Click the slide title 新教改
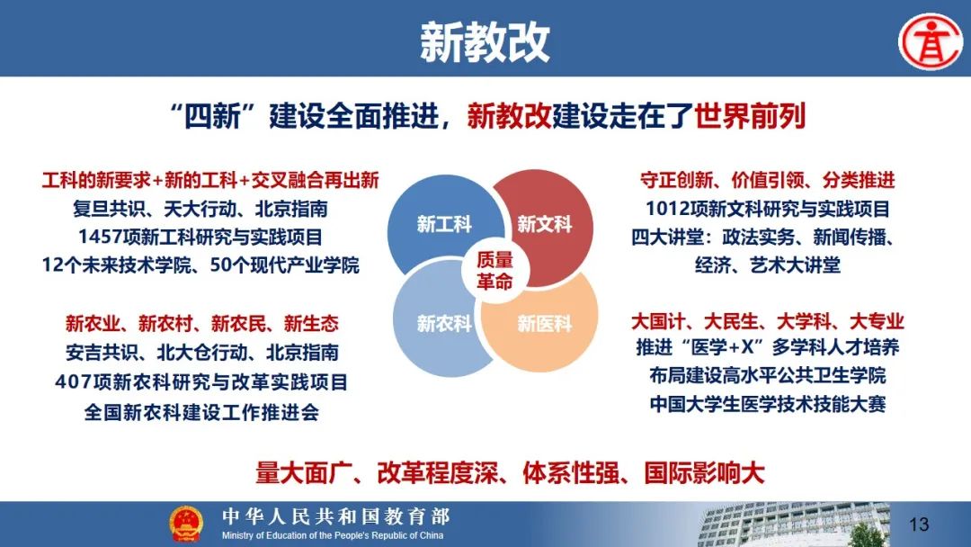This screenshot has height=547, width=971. point(485,41)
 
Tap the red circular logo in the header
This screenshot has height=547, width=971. point(931,40)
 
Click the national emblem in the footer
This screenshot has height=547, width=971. point(186,525)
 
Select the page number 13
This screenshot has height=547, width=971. point(919,525)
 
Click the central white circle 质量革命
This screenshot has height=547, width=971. point(494,270)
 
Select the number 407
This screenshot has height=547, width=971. point(73,382)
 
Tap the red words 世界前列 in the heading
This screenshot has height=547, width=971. point(750,116)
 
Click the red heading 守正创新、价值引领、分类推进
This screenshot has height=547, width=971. point(768,180)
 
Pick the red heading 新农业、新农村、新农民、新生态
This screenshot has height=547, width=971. point(202,323)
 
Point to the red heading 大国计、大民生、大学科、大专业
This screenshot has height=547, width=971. point(768,321)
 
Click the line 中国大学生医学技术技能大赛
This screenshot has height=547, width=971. point(768,404)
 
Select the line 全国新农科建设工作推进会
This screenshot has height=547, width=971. point(202,412)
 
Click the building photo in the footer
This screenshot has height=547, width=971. point(794,525)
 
